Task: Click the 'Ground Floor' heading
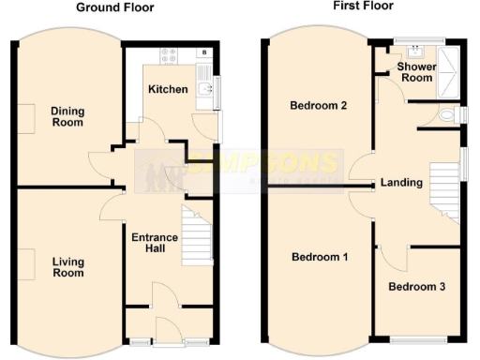[115, 7]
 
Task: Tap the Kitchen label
[168, 90]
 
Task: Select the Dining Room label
[67, 117]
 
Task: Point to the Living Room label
[67, 267]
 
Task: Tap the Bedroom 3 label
[416, 286]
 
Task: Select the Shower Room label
[414, 72]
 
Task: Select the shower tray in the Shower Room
[451, 71]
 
